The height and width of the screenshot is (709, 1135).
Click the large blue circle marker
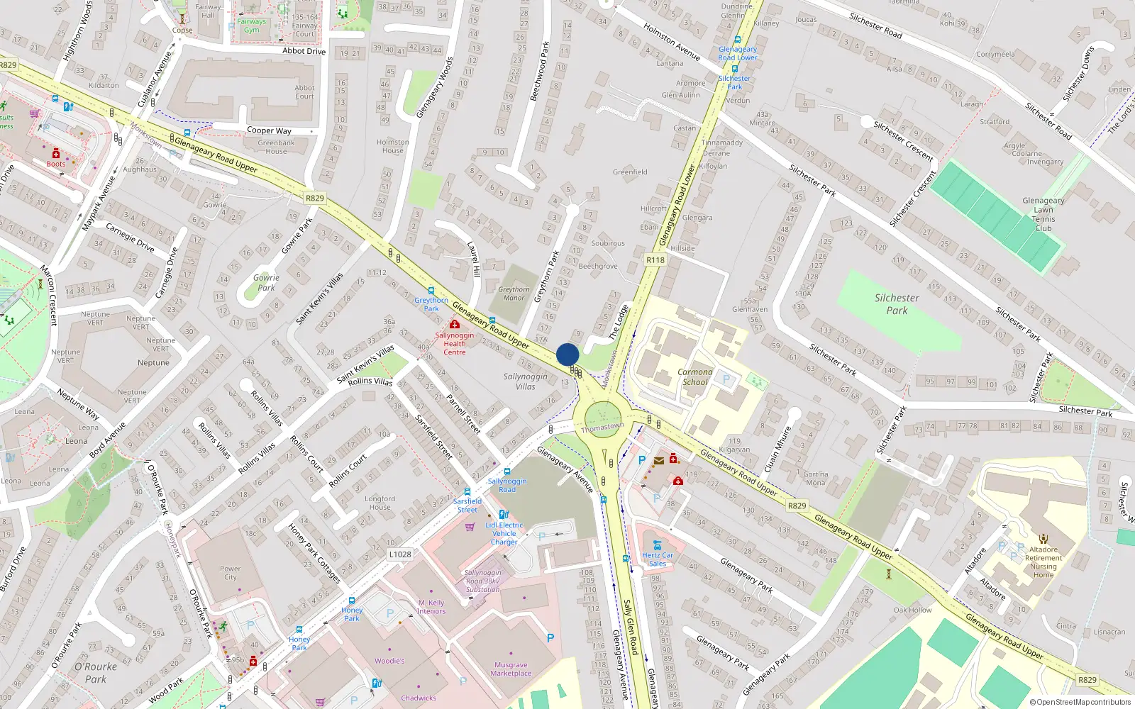[x=567, y=354]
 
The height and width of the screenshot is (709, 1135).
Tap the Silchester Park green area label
[x=897, y=304]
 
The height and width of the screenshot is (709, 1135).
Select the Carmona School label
[x=694, y=376]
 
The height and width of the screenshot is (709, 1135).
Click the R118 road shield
[x=655, y=260]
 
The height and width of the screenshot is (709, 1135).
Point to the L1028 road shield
[x=400, y=554]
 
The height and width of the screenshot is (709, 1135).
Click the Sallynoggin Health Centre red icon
[x=455, y=324]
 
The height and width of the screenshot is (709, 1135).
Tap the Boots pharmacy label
[x=56, y=164]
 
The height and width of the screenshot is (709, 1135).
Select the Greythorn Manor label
[x=514, y=294]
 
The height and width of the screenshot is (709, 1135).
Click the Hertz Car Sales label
[x=658, y=559]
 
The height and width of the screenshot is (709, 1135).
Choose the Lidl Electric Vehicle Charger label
[x=504, y=533]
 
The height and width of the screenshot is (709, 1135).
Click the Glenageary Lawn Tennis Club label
[x=1043, y=214]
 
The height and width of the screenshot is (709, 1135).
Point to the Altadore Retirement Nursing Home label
[x=1043, y=562]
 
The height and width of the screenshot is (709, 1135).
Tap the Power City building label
[x=230, y=573]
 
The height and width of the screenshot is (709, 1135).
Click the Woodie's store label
[x=389, y=661]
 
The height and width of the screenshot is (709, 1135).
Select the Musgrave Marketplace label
[x=511, y=669]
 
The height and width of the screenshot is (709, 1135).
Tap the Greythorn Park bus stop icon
[x=431, y=290]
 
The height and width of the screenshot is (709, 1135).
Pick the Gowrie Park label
[x=266, y=282]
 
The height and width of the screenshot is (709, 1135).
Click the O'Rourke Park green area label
[x=96, y=672]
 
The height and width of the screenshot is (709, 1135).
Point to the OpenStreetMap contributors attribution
[x=1080, y=702]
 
